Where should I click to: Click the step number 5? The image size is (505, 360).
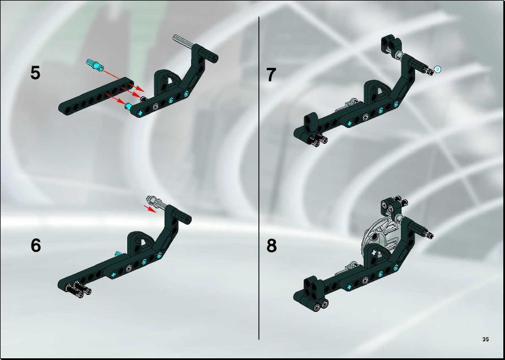tap(36, 73)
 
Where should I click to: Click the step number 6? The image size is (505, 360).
tap(36, 246)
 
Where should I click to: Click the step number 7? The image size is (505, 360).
tap(271, 75)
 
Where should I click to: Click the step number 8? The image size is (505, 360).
tap(271, 246)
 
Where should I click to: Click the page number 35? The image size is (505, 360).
tap(486, 339)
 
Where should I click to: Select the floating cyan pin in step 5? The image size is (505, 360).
tap(95, 65)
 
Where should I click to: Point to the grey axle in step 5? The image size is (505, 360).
tap(183, 42)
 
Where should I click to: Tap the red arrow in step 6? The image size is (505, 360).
tap(150, 208)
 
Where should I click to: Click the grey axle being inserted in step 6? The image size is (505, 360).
tap(157, 203)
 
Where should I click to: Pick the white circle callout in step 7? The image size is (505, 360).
tap(437, 68)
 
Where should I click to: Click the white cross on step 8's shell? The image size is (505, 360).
tap(374, 253)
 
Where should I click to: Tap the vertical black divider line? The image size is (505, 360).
tap(259, 178)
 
